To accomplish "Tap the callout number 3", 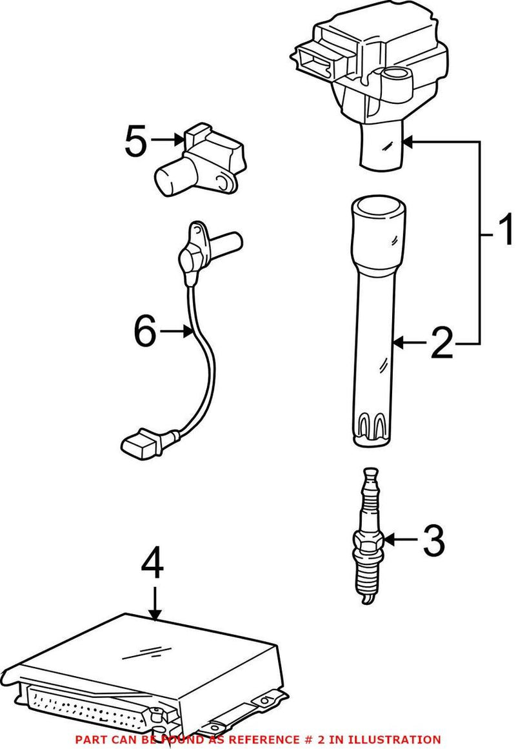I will pyautogui.click(x=433, y=541).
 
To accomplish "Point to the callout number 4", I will pyautogui.click(x=153, y=565).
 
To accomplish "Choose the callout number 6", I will pyautogui.click(x=145, y=332).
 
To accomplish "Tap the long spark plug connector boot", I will pyautogui.click(x=375, y=323).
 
